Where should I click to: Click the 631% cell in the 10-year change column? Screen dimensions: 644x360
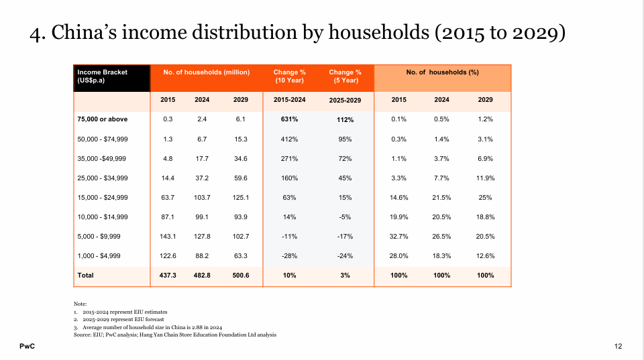(289, 119)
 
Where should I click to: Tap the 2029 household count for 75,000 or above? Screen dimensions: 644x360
(241, 119)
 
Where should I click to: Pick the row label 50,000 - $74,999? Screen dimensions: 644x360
(102, 139)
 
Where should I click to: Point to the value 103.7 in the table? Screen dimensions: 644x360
(202, 198)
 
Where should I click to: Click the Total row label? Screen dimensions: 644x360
(85, 275)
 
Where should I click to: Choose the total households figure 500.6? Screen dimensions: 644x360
(241, 275)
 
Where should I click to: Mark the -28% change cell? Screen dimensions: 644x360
(290, 255)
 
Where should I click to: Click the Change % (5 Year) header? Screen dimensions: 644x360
(345, 76)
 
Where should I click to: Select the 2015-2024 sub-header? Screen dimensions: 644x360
(290, 100)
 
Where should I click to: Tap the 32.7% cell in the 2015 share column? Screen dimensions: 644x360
(398, 237)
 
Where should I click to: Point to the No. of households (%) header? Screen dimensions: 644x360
(442, 72)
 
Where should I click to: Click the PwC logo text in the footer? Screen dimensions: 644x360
(27, 347)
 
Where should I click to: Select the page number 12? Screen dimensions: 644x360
(618, 347)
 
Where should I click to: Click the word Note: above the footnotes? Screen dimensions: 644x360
(80, 304)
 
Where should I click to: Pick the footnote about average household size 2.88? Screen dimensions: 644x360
(148, 327)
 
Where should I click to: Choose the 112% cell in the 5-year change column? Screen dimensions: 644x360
(345, 119)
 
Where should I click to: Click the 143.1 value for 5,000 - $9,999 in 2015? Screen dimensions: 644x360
(168, 237)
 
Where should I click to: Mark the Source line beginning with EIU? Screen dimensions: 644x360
(175, 335)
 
